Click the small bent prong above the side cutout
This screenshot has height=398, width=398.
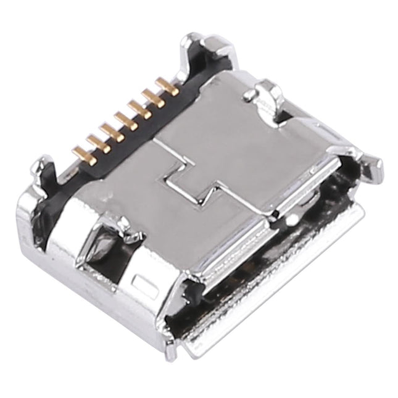point(132,234)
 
